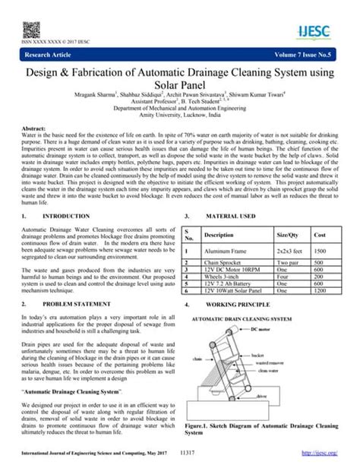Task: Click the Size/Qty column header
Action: [289, 235]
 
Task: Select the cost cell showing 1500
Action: [321, 251]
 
